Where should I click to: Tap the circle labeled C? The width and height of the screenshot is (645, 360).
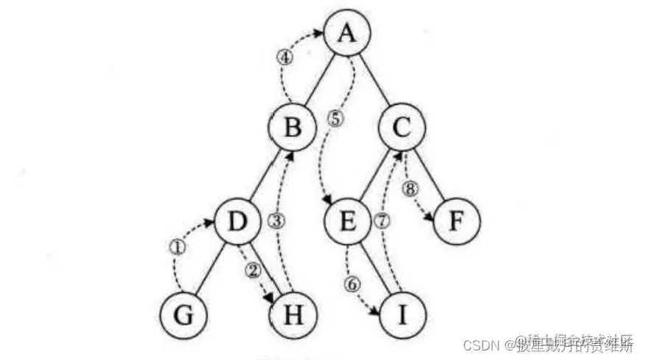coord(402,128)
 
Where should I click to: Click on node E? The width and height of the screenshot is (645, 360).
coord(349,221)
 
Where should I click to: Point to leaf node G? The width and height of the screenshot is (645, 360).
coord(184,315)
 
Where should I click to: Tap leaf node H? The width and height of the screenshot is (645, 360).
coord(291,315)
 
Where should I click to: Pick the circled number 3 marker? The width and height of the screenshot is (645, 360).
coord(276,221)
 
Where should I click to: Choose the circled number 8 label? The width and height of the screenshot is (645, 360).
coord(411,189)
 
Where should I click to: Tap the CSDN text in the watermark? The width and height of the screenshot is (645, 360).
coord(480,344)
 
